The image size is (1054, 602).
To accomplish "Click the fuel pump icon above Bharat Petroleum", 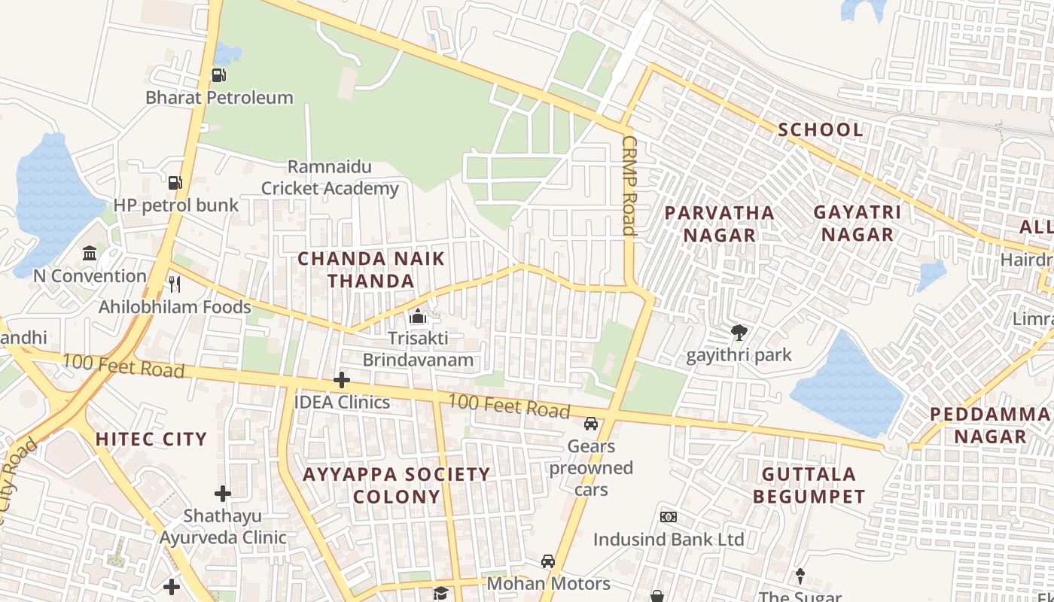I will [218, 74].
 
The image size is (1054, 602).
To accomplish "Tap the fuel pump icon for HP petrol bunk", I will [175, 182].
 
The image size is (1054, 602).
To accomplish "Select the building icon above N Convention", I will [90, 253].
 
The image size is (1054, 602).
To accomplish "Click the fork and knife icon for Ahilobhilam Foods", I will [175, 284].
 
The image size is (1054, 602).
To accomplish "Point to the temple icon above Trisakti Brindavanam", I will [418, 316].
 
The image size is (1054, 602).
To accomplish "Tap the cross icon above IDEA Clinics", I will [342, 380].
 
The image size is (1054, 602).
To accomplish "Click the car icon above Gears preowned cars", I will [591, 424].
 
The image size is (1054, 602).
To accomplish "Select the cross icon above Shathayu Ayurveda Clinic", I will [222, 494].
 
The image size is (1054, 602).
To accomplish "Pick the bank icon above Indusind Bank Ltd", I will [668, 517].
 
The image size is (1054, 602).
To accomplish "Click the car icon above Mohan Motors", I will [548, 561].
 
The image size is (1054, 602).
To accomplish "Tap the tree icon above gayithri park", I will [739, 332].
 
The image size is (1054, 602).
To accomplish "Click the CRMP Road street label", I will [629, 186].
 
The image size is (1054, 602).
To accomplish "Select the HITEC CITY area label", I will [151, 439].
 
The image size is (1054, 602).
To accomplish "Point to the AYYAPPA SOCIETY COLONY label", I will [396, 485].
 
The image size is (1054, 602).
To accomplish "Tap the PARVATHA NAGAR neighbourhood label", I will [720, 223].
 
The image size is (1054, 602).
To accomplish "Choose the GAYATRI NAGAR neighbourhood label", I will [857, 223].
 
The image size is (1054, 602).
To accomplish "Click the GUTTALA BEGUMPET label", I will [809, 485].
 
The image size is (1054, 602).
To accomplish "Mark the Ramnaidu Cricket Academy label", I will [330, 178].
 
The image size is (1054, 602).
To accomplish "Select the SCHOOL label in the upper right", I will [821, 129].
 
